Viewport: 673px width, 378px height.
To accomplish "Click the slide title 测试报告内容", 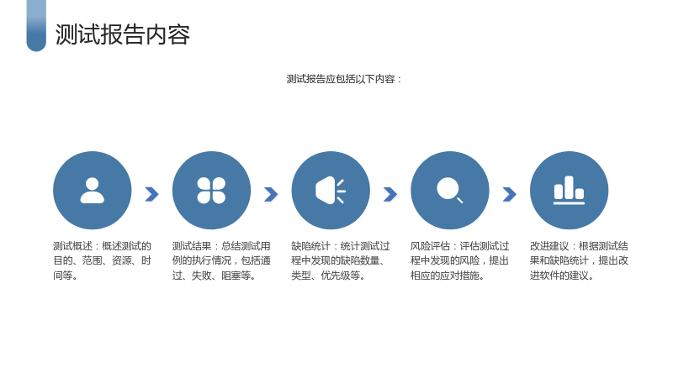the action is coord(122,34).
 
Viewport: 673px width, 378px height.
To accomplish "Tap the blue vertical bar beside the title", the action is coord(36,26).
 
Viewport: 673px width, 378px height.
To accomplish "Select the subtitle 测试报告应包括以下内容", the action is coord(341,79).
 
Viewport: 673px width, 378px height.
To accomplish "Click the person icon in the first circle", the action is coord(93,191).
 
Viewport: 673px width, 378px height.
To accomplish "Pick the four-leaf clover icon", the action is coord(211,191).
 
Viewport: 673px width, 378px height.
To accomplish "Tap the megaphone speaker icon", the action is coord(331,191).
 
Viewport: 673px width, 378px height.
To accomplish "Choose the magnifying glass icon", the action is coord(449,190).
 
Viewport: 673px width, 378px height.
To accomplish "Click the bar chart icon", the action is coord(570,191).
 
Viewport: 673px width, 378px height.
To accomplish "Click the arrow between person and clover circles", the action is coord(152,194).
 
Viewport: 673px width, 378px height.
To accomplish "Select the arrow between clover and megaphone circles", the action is coord(271,194).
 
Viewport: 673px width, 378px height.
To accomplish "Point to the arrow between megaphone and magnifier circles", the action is coord(390,194).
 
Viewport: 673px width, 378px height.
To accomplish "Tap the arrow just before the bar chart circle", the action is coord(510,194).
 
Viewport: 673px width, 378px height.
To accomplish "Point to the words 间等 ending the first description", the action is coord(63,276).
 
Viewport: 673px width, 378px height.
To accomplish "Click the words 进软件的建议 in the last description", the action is coord(559,276).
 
